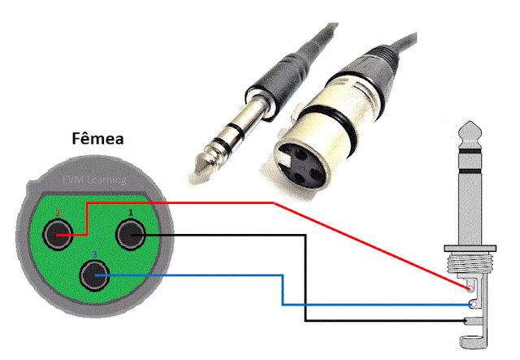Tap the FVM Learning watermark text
click(x=95, y=179)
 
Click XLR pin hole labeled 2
click(x=58, y=236)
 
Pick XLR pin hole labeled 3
click(x=95, y=277)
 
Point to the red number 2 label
click(x=57, y=213)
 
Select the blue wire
click(x=203, y=276)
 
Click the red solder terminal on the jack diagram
click(x=470, y=287)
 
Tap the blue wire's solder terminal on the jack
click(x=472, y=304)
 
